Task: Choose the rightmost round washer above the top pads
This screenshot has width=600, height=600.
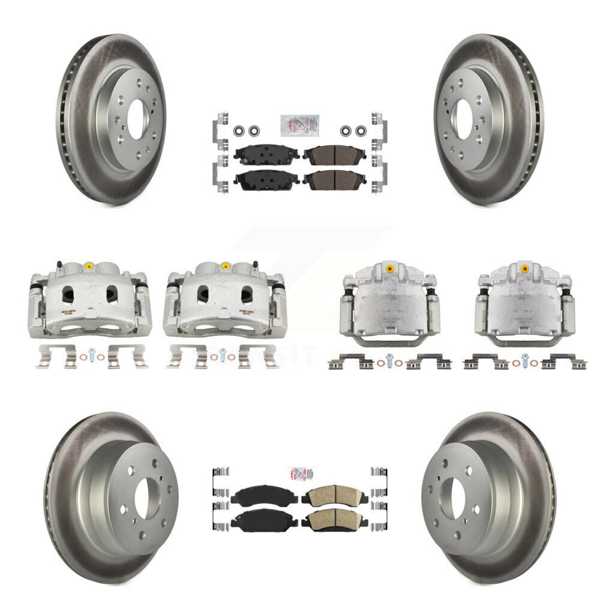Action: click(361, 131)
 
